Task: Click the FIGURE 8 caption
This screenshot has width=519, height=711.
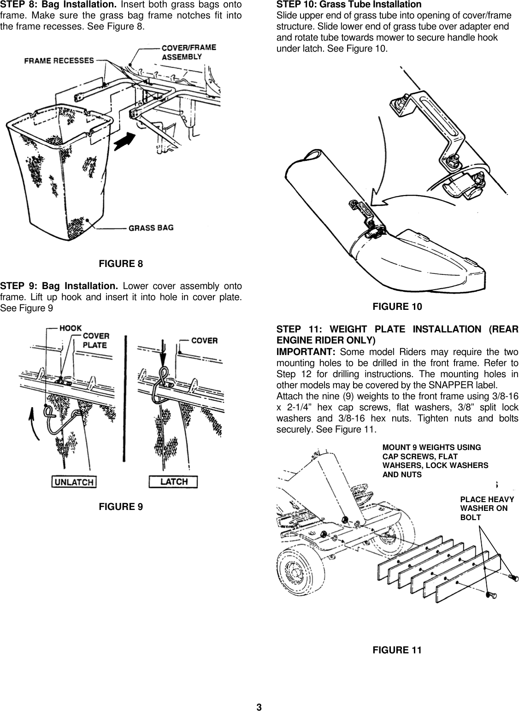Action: (121, 264)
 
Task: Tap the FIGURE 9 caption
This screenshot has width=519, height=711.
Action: (121, 507)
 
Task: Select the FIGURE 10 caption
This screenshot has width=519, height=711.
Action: (397, 307)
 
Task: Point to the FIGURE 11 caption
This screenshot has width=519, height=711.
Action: (397, 650)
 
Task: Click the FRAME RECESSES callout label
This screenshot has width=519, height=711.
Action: (59, 61)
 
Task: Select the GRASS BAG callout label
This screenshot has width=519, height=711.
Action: (151, 228)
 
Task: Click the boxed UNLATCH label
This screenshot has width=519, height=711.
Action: (74, 482)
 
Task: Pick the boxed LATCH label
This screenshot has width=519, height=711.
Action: (173, 482)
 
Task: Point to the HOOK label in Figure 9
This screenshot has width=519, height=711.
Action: (71, 328)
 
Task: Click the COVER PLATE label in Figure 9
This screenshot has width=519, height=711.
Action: (96, 340)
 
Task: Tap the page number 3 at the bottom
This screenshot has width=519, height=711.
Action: (259, 707)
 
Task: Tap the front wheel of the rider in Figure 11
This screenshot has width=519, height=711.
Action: (294, 573)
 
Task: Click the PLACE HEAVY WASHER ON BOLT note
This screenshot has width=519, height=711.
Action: (486, 508)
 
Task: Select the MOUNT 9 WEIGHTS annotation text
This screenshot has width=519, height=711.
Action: (435, 461)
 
